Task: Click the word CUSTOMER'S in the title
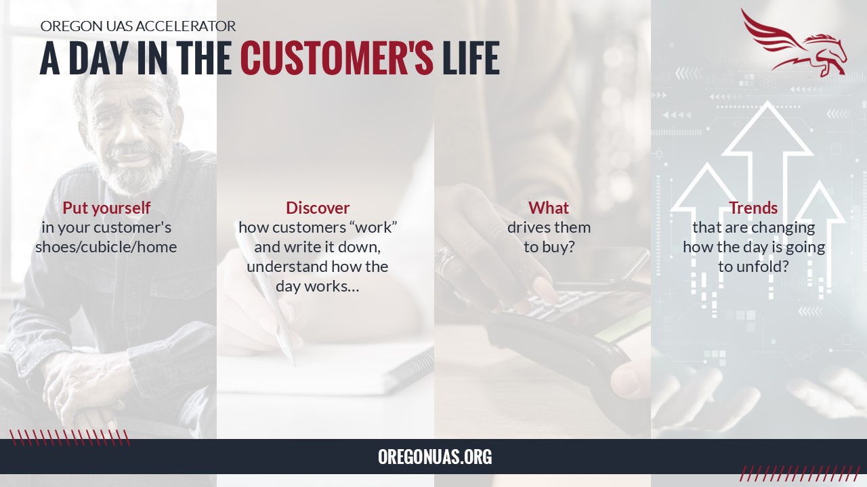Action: pos(337,57)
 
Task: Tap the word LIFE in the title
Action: pos(471,57)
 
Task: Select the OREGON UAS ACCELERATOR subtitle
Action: pos(138,26)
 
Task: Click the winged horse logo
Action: pos(793,42)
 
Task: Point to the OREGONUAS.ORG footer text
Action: pos(435,457)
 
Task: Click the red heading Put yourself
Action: pos(106,208)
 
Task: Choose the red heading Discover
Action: pos(318,208)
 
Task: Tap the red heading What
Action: pos(549,208)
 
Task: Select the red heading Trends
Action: pos(754,208)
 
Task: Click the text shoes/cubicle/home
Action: pos(106,247)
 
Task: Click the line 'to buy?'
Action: pos(549,247)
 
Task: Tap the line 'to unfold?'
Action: pos(754,266)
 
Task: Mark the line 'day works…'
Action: pos(318,286)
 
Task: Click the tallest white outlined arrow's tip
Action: pos(767,101)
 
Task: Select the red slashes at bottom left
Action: pos(70,438)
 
